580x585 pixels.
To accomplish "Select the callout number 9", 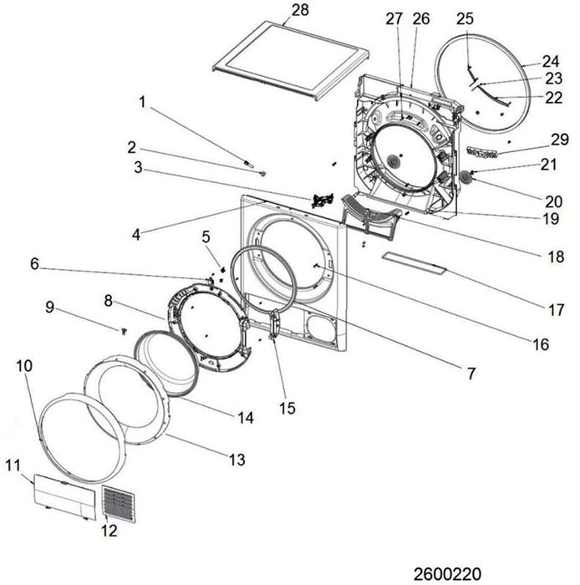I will pos(50,308).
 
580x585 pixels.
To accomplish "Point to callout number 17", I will pos(556,310).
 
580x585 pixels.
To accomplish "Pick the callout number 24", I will pos(550,61).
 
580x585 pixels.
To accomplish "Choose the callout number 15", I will pos(288,409).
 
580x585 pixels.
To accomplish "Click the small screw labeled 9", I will pos(124,329).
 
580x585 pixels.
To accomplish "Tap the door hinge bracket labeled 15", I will pos(275,323).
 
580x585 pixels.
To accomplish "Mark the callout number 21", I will pos(548,165).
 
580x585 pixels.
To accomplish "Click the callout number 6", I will pos(34,263).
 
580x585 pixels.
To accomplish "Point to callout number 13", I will pos(237,458).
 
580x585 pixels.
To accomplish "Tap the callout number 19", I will pos(548,220).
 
